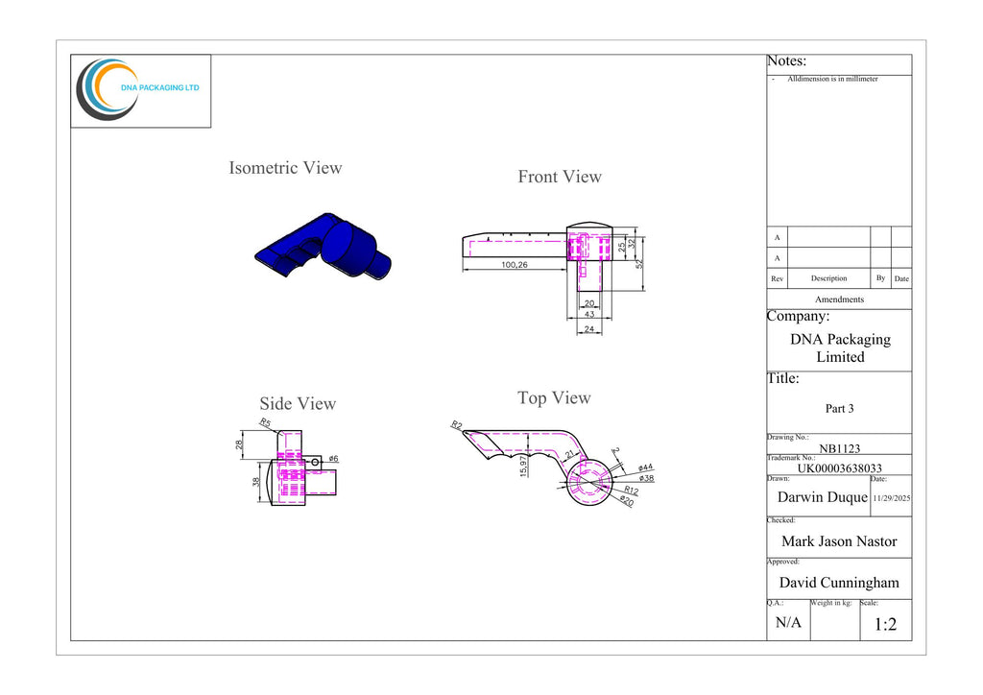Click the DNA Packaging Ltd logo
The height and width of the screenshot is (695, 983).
coord(138,89)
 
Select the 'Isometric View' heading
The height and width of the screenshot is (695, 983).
coord(285,168)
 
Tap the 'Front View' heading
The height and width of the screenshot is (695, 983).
coord(560,177)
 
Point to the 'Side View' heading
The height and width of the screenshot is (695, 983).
coord(298,403)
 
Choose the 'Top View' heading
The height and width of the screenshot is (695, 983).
coord(554,398)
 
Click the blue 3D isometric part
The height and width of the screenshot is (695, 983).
coord(324,247)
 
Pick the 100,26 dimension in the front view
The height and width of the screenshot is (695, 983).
coord(515,264)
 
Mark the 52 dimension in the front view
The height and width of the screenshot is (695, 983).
coord(639,264)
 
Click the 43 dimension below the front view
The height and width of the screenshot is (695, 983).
coord(589,314)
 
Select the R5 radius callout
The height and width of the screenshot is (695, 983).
coord(265,423)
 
